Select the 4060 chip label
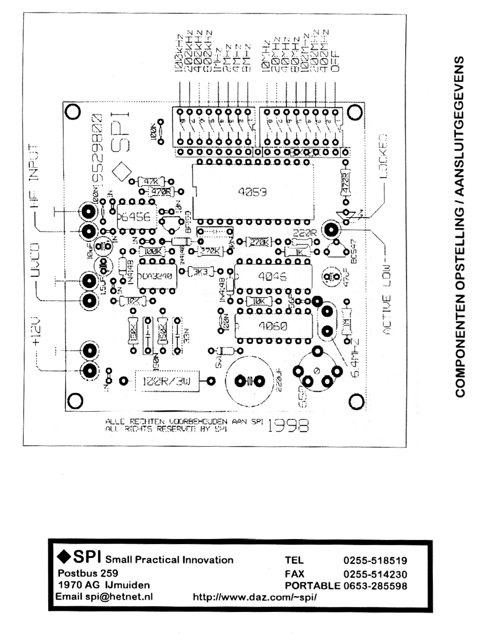pyautogui.click(x=273, y=325)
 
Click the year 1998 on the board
pyautogui.click(x=289, y=425)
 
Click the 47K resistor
pyautogui.click(x=150, y=181)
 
